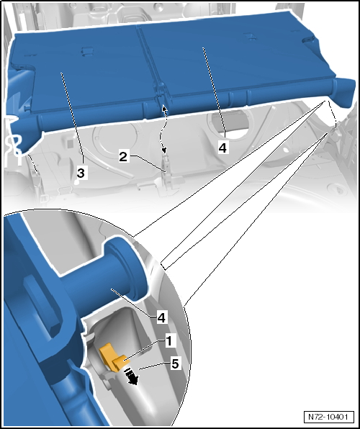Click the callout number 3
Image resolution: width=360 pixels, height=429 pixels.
(81, 173)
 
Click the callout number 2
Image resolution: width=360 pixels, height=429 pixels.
(123, 156)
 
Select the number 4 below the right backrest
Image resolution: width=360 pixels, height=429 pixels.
(222, 147)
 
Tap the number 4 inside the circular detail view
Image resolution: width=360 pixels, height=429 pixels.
(161, 317)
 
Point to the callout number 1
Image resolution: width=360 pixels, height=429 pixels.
(169, 340)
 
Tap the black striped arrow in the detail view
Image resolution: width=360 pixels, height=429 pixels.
(131, 375)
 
